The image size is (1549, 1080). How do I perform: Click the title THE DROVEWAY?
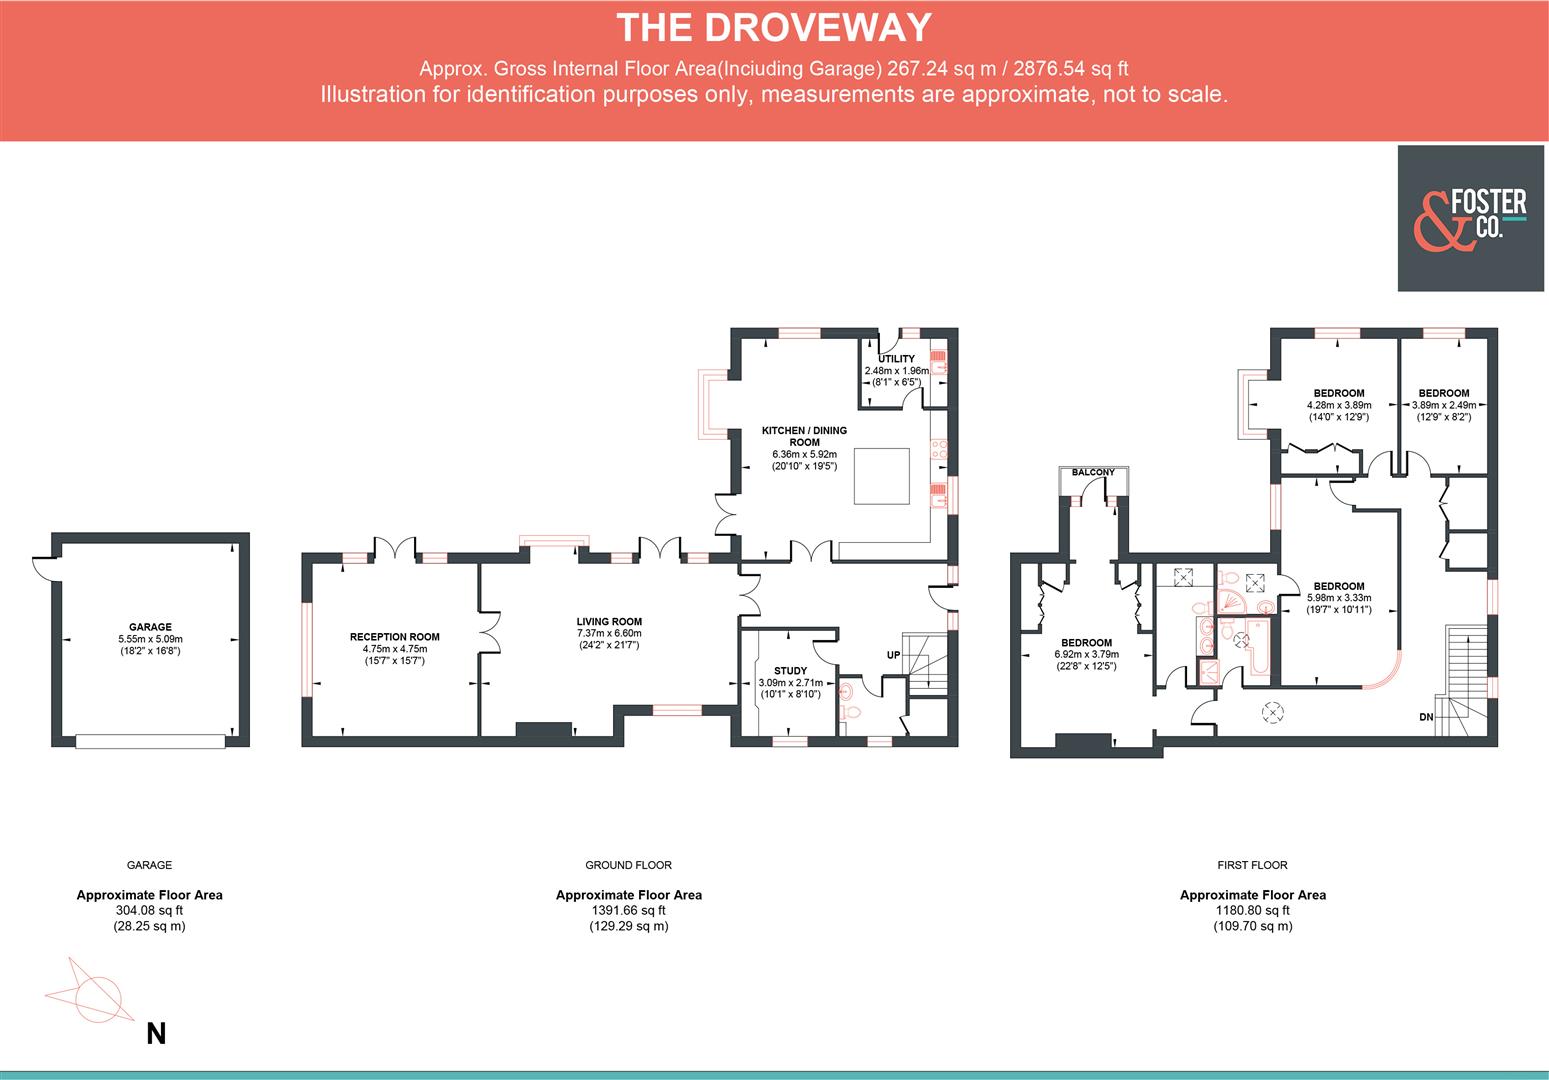point(774,27)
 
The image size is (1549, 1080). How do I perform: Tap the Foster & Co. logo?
point(1470,218)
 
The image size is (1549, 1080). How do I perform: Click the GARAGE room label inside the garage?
point(150,627)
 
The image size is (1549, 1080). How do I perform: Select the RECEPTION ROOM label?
point(394,637)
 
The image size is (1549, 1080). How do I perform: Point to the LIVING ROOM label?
point(609,621)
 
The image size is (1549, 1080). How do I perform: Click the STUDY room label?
point(790,671)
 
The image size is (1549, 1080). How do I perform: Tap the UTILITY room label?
point(896,359)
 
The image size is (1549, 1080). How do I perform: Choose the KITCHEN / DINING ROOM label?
point(804,436)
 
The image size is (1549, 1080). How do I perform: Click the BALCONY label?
point(1093,472)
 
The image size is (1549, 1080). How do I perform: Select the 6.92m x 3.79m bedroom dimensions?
point(1086,654)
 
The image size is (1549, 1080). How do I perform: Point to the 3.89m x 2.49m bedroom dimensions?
point(1443,405)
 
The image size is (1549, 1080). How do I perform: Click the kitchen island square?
point(881,476)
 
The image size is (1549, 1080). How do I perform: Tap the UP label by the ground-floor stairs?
point(893,655)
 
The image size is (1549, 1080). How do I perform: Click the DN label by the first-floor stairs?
point(1426,717)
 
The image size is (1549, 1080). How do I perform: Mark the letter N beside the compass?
point(156,1033)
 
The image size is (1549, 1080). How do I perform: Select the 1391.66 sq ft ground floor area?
point(628,910)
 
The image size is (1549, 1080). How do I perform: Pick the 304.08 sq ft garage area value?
point(150,910)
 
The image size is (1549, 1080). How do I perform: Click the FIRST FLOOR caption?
point(1252,865)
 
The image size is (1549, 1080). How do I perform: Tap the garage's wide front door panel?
point(151,741)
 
